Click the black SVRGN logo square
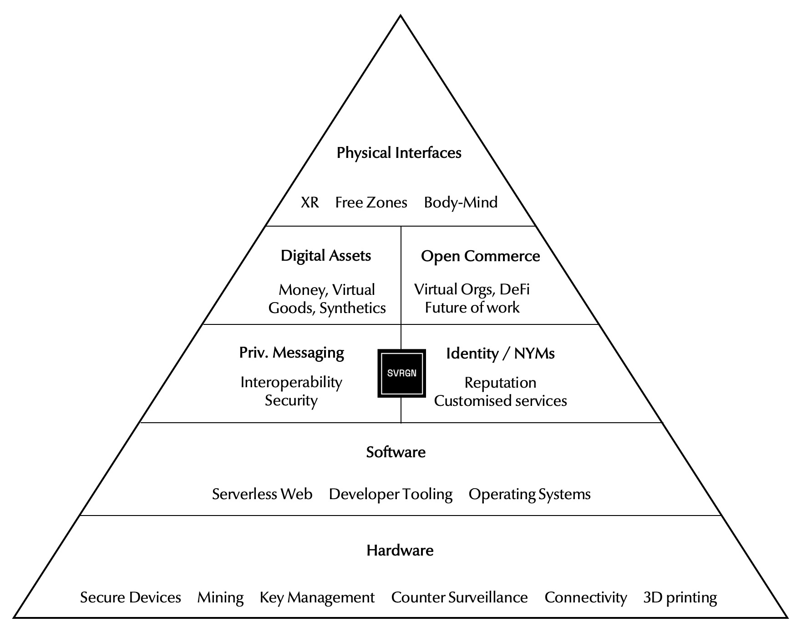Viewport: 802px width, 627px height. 401,373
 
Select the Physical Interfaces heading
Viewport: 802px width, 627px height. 399,153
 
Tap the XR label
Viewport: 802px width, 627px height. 310,202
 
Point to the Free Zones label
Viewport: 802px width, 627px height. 371,202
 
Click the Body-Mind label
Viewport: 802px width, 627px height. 461,202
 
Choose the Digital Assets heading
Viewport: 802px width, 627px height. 326,256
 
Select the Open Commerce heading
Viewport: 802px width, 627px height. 480,256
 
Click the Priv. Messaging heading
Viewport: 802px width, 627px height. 292,353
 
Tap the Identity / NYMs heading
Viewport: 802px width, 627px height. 500,354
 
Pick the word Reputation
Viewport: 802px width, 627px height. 500,383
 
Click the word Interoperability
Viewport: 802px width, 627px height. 291,382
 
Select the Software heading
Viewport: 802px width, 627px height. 396,452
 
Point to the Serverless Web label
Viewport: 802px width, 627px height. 262,494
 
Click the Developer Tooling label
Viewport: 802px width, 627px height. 391,494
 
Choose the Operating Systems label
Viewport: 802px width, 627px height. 529,494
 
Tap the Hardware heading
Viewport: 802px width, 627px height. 400,551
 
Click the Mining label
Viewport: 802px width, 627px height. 220,597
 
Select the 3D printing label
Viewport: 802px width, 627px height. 680,597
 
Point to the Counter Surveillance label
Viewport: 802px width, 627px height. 459,597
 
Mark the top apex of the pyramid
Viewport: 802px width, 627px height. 401,16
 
